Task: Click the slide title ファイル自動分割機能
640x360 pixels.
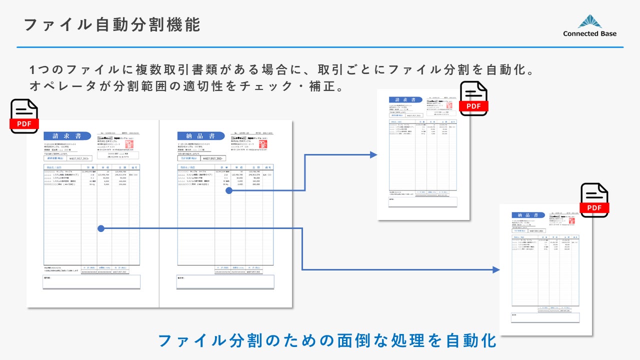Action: click(x=112, y=24)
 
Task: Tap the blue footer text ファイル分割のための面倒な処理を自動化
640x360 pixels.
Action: click(x=327, y=340)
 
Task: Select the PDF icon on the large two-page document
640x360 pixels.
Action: click(x=24, y=116)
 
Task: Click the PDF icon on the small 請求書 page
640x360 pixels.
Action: click(x=473, y=98)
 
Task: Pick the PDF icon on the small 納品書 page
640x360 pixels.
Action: click(x=594, y=200)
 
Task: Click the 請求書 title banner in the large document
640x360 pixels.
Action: click(x=67, y=136)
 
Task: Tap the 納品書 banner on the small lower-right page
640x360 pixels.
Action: click(x=528, y=213)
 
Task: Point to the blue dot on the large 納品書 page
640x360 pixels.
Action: click(x=228, y=190)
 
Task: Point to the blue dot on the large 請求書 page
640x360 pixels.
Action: click(x=101, y=228)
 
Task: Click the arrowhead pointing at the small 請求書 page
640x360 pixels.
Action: click(x=373, y=155)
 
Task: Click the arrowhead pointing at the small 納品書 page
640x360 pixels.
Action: click(x=496, y=270)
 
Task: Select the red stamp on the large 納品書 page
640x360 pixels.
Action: click(x=263, y=144)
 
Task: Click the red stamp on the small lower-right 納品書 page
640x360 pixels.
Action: click(x=571, y=220)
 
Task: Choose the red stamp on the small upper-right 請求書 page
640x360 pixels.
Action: click(x=449, y=105)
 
